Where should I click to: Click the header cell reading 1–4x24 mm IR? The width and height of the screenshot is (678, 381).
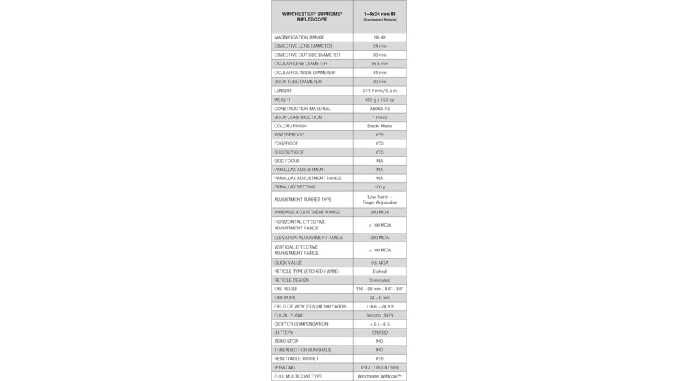coord(379,17)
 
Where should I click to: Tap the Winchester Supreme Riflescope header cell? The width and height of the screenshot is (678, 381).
coord(312,17)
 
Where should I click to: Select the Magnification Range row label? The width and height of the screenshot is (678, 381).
coord(299,37)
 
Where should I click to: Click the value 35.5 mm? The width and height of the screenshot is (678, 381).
coord(379,64)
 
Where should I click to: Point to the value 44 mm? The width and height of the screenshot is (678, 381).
coord(379,73)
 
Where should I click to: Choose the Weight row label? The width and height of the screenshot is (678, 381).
coord(283,100)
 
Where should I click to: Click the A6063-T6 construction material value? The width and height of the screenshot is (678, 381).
coord(379,109)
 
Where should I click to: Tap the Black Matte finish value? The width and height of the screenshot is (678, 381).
coord(379,126)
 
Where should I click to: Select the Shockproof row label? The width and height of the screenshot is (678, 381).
coord(289,152)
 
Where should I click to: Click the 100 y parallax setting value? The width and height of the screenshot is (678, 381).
coord(379,187)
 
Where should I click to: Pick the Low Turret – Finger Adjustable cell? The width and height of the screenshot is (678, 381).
coord(379,200)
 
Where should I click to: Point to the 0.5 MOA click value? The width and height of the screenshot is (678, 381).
coord(379,263)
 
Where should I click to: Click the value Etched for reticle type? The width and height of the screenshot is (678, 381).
coord(379,272)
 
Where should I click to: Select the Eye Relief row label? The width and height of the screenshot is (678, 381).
coord(286,289)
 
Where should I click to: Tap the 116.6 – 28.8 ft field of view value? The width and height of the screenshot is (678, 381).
coord(379,306)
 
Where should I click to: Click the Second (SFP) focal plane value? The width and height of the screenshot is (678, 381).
coord(379,315)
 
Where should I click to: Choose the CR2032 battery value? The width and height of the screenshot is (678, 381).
coord(379,333)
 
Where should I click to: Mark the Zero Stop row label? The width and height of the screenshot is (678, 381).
coord(286,342)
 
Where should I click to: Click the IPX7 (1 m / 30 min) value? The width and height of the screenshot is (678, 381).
coord(379,368)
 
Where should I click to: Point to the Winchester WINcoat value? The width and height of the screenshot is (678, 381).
coord(379,376)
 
